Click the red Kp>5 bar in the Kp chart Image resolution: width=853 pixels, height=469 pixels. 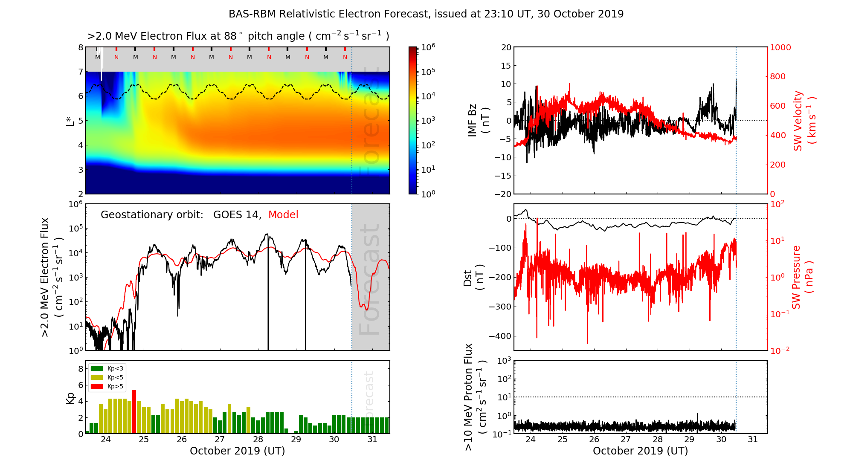(x=134, y=411)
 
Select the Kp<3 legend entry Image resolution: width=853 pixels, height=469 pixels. (x=107, y=368)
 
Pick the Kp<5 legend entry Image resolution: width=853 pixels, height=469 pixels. (x=107, y=377)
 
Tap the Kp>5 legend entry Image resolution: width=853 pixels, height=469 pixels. (x=107, y=387)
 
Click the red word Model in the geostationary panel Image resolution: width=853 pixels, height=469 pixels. (x=283, y=215)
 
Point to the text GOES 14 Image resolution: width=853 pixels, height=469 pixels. (x=237, y=215)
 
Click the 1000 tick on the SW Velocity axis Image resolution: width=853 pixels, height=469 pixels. (x=780, y=47)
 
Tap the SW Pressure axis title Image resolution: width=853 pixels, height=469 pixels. (x=802, y=277)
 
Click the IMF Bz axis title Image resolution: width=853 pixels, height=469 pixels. (x=479, y=121)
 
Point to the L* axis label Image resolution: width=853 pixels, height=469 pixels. (x=70, y=120)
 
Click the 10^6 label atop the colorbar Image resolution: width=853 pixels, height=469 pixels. (x=428, y=47)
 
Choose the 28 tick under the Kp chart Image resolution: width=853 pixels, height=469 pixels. (x=258, y=440)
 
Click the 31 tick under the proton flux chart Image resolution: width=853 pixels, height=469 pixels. (x=753, y=440)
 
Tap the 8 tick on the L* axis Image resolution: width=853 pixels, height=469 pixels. (x=80, y=47)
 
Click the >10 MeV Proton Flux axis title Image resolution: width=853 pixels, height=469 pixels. (x=475, y=397)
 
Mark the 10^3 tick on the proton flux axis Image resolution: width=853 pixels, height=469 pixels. (x=505, y=361)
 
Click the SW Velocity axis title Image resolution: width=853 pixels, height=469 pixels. (x=804, y=121)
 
